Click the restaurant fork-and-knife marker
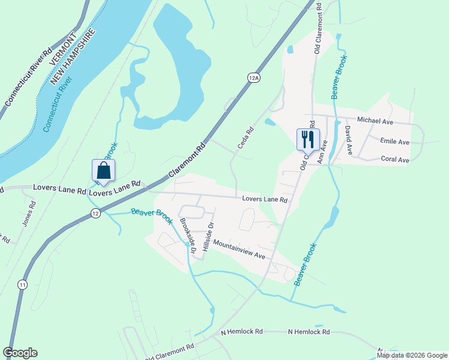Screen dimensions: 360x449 coord(307,139)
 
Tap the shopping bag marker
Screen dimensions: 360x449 coord(104,170)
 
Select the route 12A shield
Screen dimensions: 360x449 coord(253,78)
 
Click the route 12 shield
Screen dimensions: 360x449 coord(95,214)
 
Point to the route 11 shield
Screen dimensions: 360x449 coord(22,284)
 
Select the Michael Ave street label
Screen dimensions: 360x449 coord(375,121)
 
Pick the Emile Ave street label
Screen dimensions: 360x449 coord(394,142)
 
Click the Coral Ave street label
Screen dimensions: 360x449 coord(395,160)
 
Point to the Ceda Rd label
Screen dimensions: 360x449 coord(243,137)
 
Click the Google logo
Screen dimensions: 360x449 coord(20,353)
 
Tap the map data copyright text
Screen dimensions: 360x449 coord(412,355)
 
